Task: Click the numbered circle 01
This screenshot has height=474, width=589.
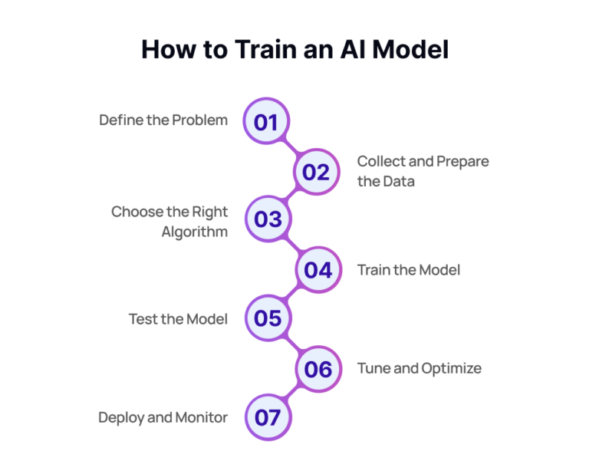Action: [266, 122]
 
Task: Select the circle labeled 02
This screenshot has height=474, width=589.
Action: [316, 172]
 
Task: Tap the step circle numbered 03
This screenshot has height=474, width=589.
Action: [268, 220]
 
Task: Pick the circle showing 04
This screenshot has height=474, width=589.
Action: [318, 270]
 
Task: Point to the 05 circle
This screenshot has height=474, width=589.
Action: [268, 318]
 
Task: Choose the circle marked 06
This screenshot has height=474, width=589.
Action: [318, 369]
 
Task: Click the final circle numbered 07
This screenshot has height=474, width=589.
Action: [268, 418]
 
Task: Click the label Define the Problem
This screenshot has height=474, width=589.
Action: [163, 120]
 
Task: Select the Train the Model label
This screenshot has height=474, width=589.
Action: [409, 270]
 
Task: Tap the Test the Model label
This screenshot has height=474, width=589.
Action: [178, 319]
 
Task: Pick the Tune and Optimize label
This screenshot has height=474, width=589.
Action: [420, 368]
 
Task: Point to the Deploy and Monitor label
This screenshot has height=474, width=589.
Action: [163, 417]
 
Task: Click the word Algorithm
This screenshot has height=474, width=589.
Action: [195, 232]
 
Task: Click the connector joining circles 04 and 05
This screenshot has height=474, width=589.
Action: [292, 295]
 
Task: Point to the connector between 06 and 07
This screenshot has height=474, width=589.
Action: [292, 393]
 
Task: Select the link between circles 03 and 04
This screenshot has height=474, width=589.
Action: [292, 245]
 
